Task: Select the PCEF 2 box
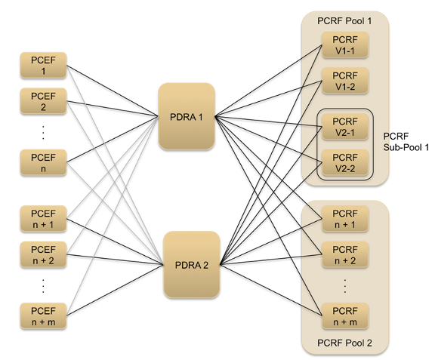43,103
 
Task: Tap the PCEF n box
43,161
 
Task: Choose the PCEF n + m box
43,315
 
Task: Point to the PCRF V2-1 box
344,125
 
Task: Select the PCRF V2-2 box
344,162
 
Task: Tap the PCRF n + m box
344,315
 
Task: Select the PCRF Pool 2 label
344,344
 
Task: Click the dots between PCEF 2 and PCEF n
43,131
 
